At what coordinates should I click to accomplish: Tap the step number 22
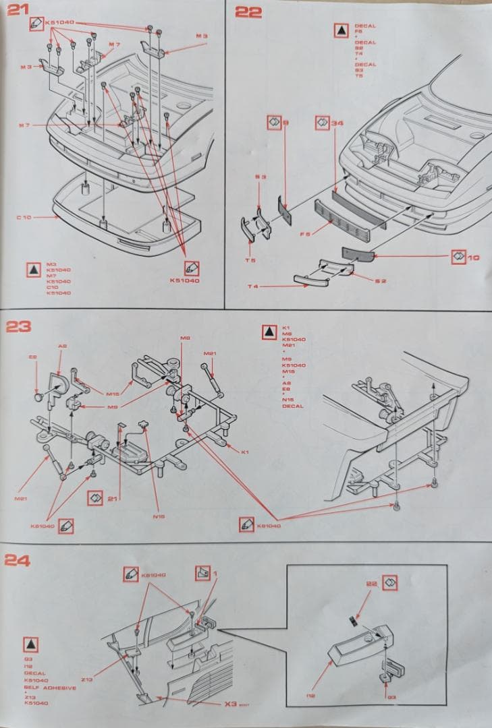click(248, 11)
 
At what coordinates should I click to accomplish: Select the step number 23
click(18, 327)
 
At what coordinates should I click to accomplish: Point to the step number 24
click(18, 559)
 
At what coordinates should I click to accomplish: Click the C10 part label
click(24, 217)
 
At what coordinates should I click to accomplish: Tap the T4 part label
click(252, 287)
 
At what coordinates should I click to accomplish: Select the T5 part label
click(250, 260)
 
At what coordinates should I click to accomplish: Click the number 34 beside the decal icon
click(337, 123)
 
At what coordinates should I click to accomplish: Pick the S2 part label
click(381, 281)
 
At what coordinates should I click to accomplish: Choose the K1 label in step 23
click(245, 452)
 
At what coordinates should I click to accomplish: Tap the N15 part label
click(159, 516)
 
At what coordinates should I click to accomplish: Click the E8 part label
click(32, 357)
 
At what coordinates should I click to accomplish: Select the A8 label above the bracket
click(62, 346)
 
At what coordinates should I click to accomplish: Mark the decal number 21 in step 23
click(113, 498)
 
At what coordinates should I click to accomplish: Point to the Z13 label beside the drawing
click(86, 679)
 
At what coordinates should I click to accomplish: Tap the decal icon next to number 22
click(390, 582)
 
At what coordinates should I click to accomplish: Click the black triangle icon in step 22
click(341, 30)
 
